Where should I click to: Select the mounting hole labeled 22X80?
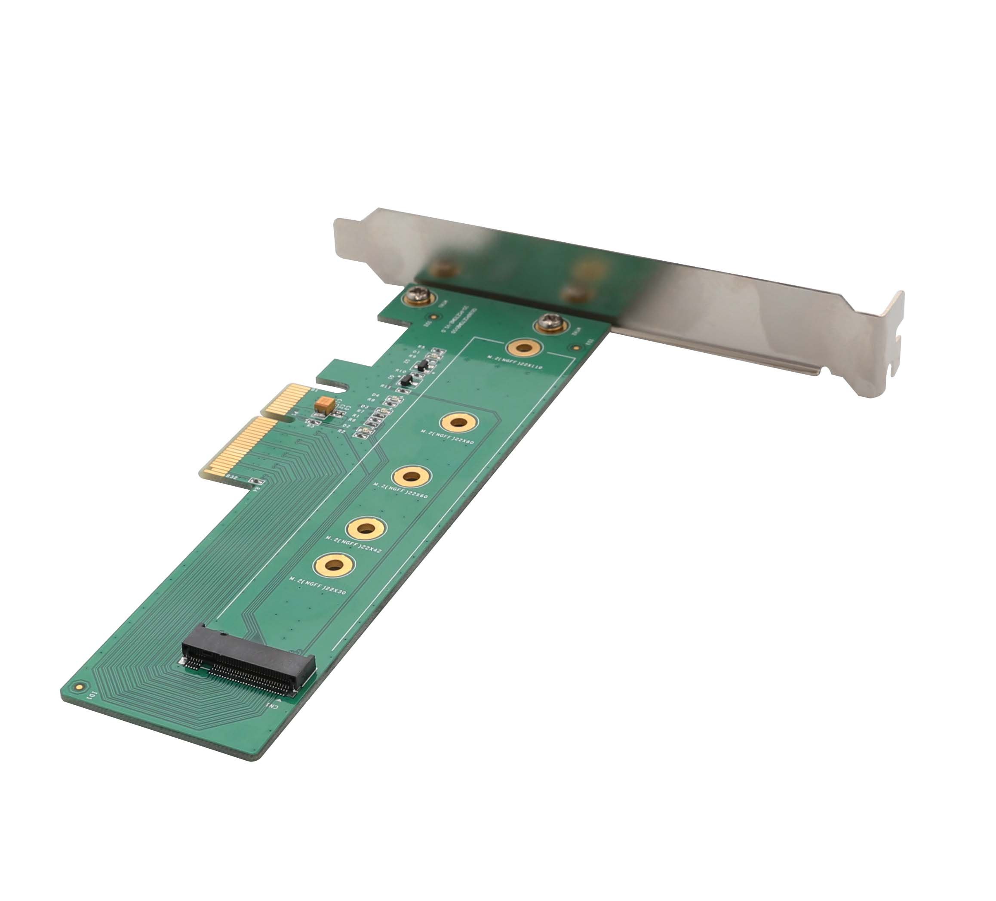(x=459, y=423)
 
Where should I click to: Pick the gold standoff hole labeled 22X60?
(x=411, y=476)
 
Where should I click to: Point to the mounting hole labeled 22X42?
(x=366, y=529)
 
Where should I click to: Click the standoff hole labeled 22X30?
(x=334, y=565)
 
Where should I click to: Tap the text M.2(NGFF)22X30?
(x=318, y=586)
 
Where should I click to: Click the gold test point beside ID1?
(x=78, y=686)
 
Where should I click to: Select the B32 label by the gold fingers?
(x=231, y=477)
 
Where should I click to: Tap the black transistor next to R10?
(x=406, y=380)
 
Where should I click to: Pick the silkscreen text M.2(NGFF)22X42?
(x=353, y=543)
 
